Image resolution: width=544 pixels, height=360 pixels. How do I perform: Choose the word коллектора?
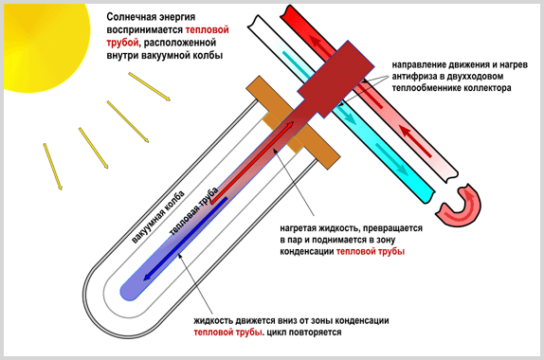tap(493, 87)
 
